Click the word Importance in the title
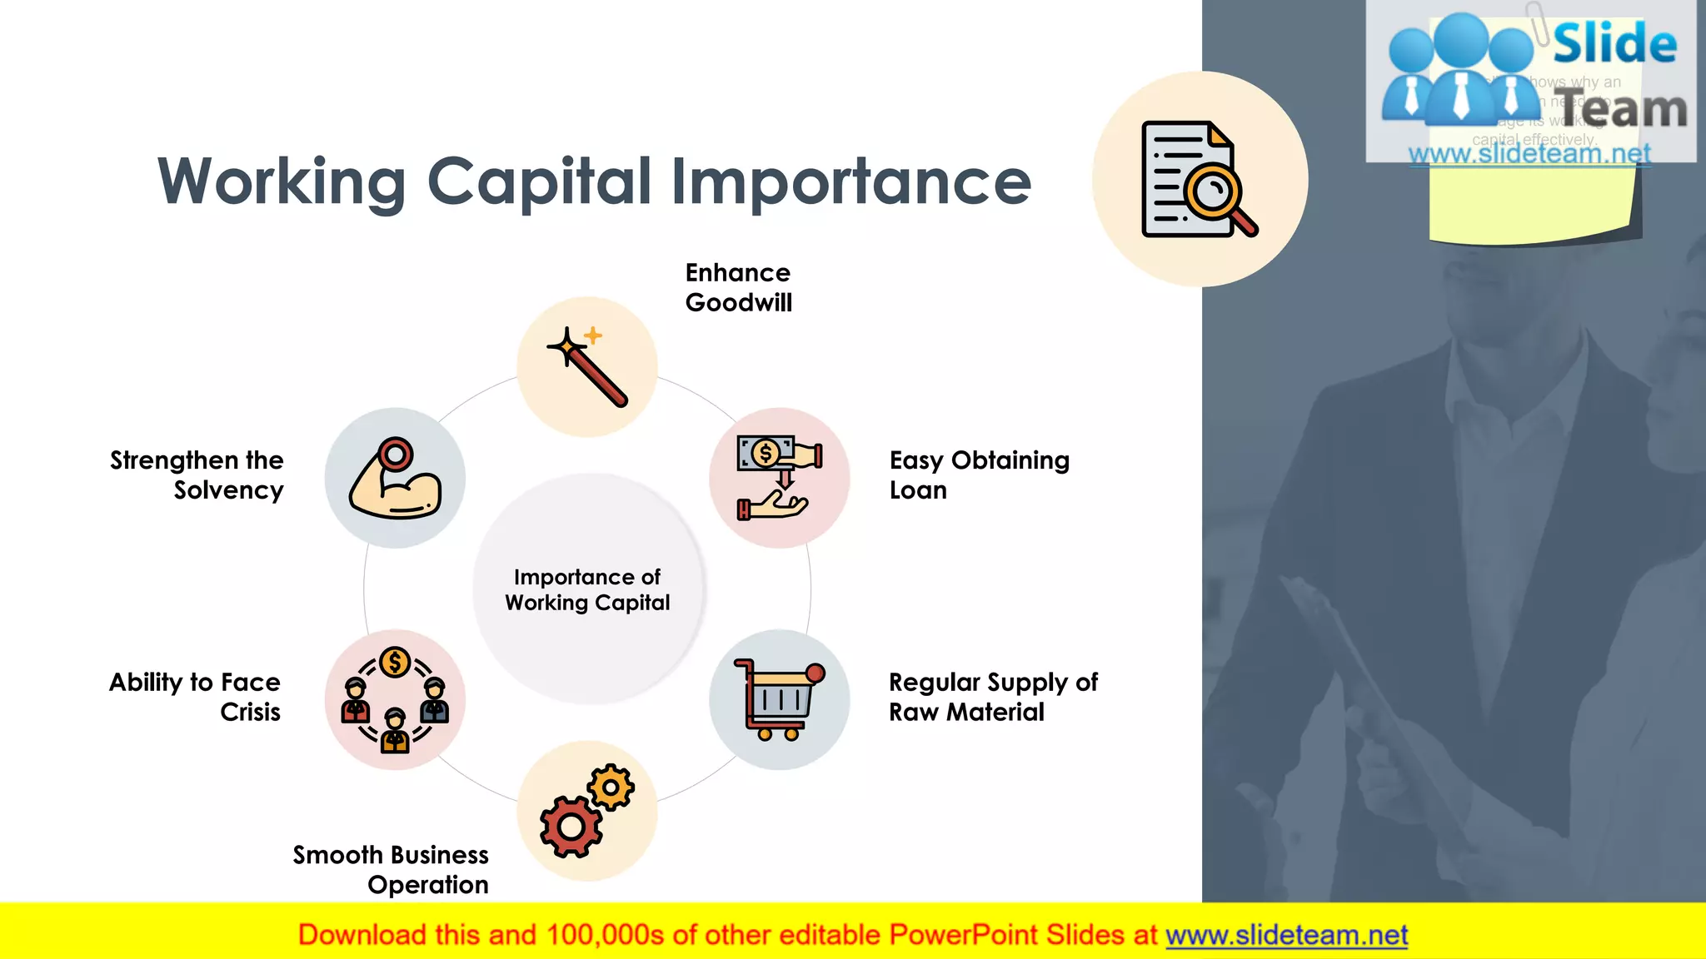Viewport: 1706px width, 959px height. click(x=851, y=181)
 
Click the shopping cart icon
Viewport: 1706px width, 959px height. click(x=778, y=699)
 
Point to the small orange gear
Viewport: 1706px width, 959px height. click(x=611, y=787)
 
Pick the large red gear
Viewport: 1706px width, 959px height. click(x=571, y=827)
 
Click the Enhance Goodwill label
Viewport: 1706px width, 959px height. click(x=738, y=287)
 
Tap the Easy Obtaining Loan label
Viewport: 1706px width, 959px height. click(x=979, y=475)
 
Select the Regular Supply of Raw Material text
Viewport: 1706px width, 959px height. click(x=992, y=697)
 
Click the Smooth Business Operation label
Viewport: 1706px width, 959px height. click(x=392, y=869)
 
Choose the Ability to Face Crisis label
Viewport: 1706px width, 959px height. click(x=196, y=697)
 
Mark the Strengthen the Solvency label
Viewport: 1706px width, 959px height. click(x=197, y=475)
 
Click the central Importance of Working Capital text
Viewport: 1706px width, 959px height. click(x=587, y=589)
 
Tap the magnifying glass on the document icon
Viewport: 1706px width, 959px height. click(x=1212, y=193)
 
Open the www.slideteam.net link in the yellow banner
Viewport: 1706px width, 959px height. click(x=1286, y=935)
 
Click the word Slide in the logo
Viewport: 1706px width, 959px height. click(x=1614, y=43)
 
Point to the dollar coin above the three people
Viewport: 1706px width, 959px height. click(x=395, y=663)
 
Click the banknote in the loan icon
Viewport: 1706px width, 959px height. click(x=765, y=453)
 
